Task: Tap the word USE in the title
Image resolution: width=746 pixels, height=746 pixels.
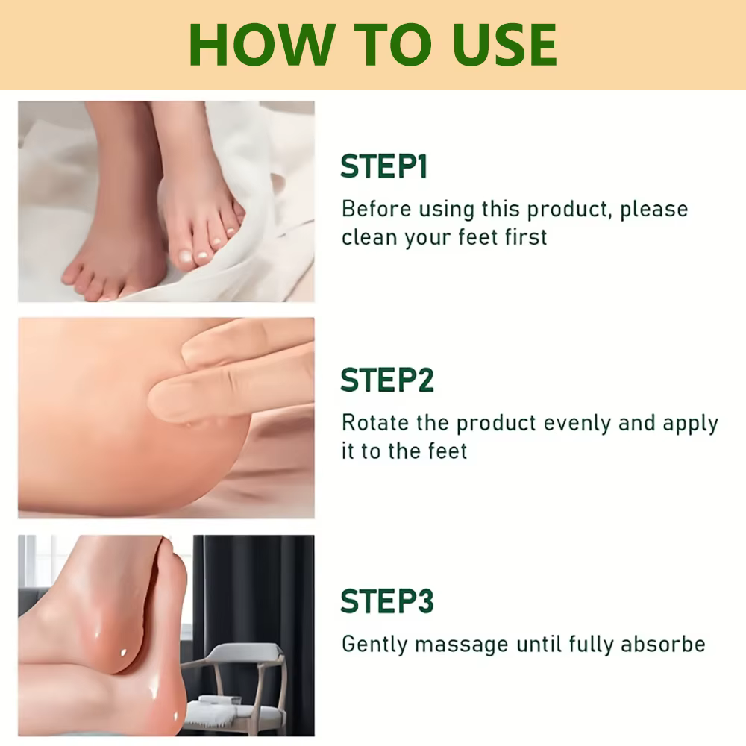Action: click(x=505, y=45)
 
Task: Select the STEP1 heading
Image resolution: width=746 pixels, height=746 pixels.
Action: click(x=384, y=166)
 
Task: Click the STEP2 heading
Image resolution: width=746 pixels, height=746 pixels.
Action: click(x=387, y=380)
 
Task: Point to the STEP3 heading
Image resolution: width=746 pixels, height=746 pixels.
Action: click(x=387, y=601)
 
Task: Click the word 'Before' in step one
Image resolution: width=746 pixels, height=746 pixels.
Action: click(x=376, y=209)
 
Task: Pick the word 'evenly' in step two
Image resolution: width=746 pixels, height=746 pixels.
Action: click(x=577, y=424)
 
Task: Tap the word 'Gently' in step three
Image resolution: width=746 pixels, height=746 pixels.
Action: click(x=375, y=645)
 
